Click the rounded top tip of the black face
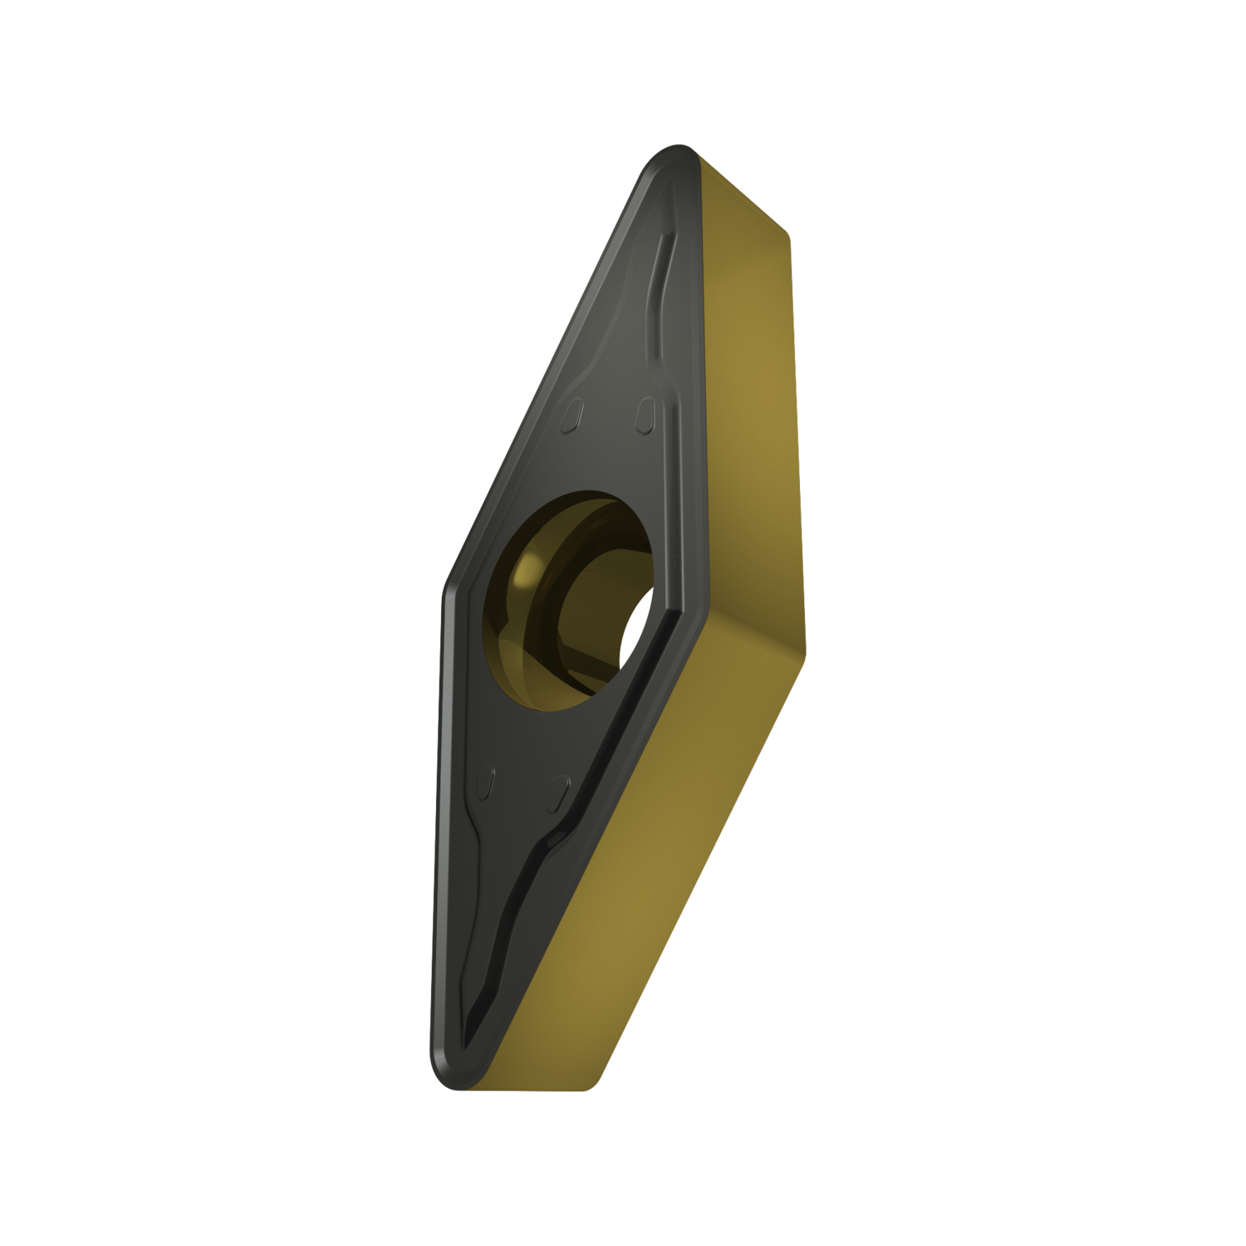click(671, 155)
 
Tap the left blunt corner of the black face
click(447, 581)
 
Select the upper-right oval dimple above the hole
click(645, 415)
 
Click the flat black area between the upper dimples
click(611, 419)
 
